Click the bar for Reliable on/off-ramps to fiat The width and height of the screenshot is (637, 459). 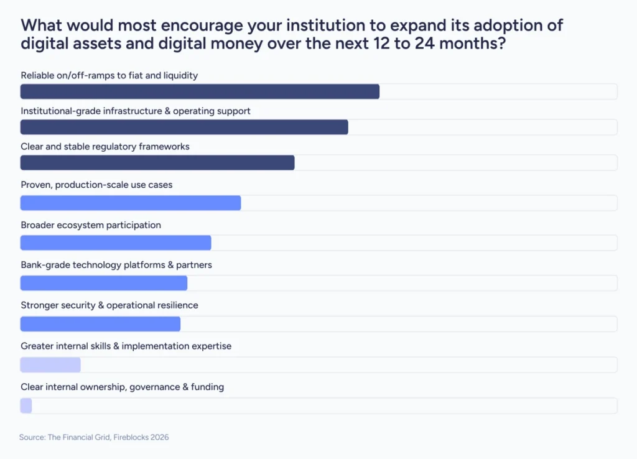pos(200,91)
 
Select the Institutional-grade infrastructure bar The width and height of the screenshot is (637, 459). pos(184,127)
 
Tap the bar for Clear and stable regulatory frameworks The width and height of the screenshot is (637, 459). pos(157,162)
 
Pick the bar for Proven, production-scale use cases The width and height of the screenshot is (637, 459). pos(131,203)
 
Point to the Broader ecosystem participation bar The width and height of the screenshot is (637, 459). pos(116,243)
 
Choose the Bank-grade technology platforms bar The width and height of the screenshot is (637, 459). pos(104,283)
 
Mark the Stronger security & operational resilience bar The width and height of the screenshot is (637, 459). pos(100,323)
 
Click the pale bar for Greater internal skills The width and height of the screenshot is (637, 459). pos(50,364)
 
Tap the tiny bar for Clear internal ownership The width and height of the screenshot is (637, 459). pos(26,406)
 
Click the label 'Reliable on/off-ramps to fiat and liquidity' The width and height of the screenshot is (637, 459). pos(109,75)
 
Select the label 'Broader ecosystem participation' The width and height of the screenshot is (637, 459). pos(91,225)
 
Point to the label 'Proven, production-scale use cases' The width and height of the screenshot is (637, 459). pos(96,185)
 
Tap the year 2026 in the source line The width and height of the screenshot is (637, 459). pos(159,437)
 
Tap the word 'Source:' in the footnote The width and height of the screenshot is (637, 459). pos(32,437)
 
